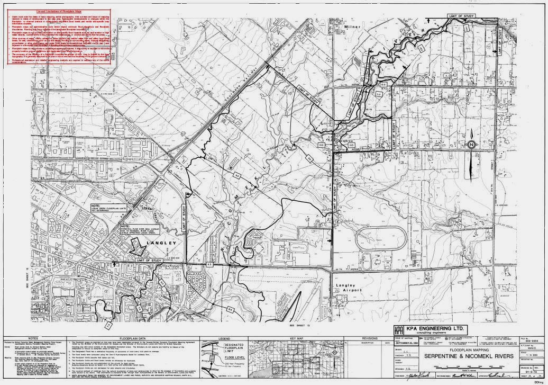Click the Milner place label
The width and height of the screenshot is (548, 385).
tap(352, 26)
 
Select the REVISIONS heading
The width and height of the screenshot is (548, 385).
tap(369, 337)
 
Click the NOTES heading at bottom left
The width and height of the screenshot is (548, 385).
tap(33, 337)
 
